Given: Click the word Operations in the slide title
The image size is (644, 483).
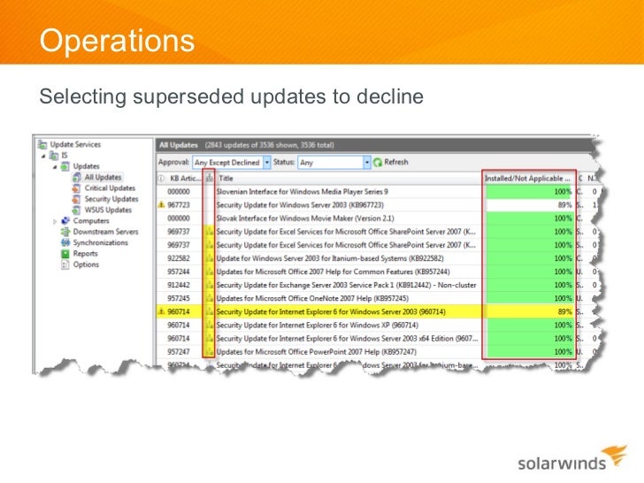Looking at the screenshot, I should [117, 41].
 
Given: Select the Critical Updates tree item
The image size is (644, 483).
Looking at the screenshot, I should [110, 188].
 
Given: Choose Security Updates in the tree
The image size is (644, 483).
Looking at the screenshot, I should [111, 199].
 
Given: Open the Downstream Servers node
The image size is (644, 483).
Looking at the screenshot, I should [105, 232].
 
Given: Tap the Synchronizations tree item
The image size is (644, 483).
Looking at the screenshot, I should [100, 242].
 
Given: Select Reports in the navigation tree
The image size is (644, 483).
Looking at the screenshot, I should [85, 254].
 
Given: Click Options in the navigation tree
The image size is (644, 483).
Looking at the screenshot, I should [86, 264].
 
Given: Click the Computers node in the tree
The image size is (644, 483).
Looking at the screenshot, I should [91, 221].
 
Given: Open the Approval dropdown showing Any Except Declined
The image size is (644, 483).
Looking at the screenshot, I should [233, 163].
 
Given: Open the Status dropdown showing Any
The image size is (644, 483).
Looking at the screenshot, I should [334, 163].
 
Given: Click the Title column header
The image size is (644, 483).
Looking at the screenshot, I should [226, 178].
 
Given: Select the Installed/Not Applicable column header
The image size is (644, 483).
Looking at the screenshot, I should [527, 178].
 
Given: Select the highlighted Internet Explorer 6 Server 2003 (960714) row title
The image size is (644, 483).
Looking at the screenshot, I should [330, 312].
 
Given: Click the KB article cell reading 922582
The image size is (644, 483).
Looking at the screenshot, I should [180, 257].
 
